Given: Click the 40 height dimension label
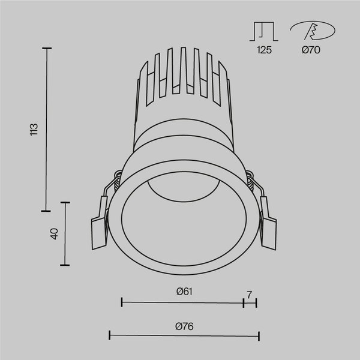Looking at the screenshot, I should (x=54, y=234).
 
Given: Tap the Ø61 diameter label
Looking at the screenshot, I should (x=184, y=292).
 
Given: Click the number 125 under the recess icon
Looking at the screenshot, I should (x=264, y=51).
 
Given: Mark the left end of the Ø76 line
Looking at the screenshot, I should (x=109, y=335).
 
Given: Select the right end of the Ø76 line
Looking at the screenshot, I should (x=259, y=335).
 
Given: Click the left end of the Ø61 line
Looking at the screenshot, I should (x=122, y=303).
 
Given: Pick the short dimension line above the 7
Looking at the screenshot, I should (x=250, y=303).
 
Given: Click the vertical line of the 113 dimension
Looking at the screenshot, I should (x=47, y=129).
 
